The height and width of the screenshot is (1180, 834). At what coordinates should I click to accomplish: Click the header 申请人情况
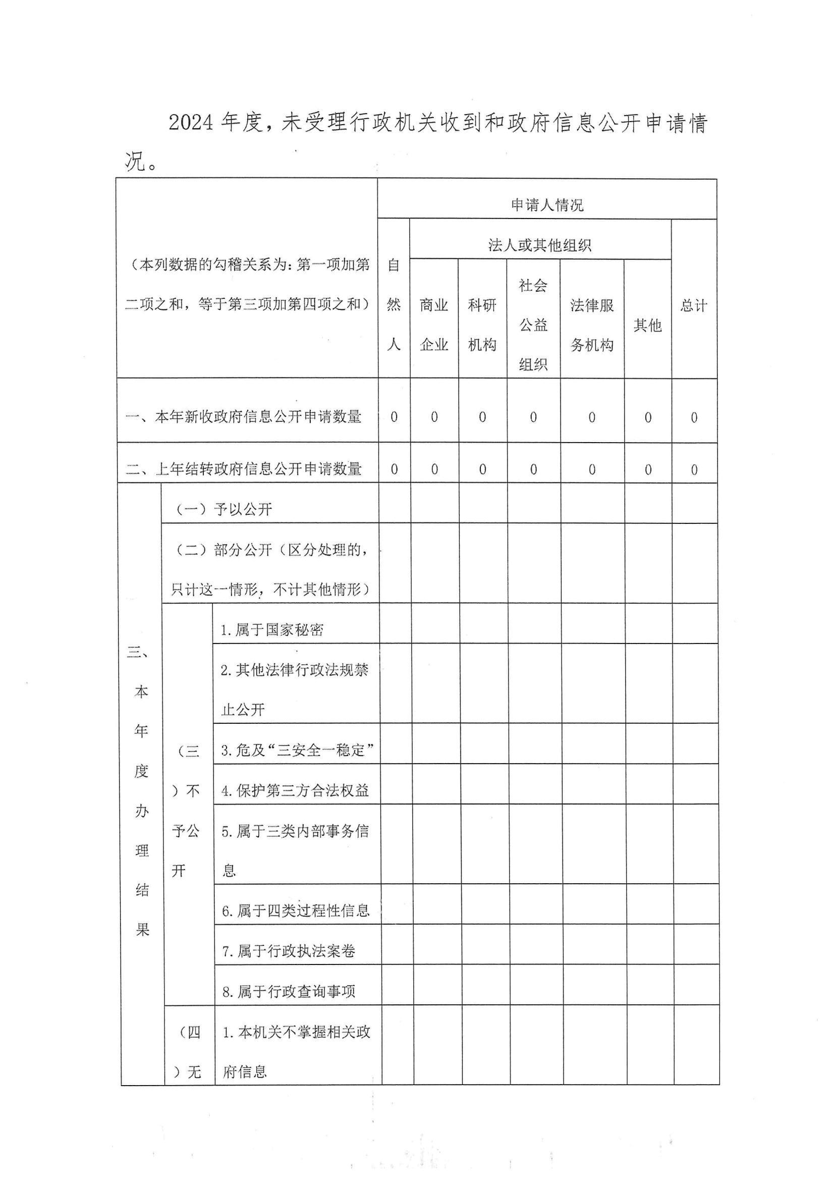tap(547, 205)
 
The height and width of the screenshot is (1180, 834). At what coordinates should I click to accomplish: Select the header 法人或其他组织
tap(539, 245)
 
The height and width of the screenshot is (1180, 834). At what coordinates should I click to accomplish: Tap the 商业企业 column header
tap(434, 325)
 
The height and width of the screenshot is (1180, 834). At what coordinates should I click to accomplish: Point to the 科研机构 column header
tap(482, 325)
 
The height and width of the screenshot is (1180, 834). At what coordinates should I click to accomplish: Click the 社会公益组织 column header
tap(533, 325)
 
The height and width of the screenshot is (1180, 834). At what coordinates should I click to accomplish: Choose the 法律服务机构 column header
tap(591, 325)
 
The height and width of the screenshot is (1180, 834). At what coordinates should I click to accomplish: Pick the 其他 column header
tap(647, 325)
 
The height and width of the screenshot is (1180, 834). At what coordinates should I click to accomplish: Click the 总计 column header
tap(694, 306)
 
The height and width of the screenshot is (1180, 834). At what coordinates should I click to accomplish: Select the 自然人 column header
tap(394, 305)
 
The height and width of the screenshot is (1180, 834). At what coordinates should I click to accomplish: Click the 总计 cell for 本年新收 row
tap(694, 417)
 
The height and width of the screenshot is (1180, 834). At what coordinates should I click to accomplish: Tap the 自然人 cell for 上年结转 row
tap(394, 469)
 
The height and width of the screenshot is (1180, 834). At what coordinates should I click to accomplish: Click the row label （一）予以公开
tap(224, 509)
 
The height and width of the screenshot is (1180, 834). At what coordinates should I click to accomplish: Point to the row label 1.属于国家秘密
tap(272, 629)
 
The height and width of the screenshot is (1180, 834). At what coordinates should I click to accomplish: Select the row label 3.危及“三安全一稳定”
tap(297, 750)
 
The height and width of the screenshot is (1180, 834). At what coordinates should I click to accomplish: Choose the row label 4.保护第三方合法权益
tap(295, 790)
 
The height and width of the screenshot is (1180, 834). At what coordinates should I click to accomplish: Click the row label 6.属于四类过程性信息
tap(296, 910)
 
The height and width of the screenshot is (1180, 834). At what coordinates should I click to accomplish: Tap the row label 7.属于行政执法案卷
tap(288, 951)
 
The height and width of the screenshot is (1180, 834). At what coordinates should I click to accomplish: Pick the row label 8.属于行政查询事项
tap(288, 991)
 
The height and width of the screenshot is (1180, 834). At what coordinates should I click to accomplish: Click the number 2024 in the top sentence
tap(191, 122)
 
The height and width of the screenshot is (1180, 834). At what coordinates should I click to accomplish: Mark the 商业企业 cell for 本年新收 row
tap(434, 417)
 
